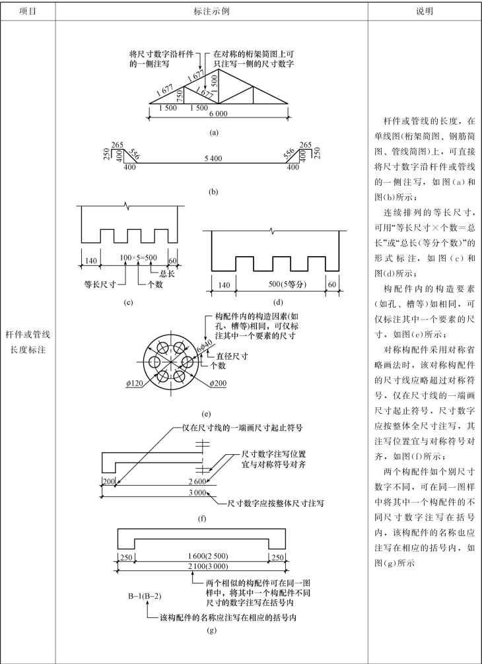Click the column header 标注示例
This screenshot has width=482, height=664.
tap(211, 11)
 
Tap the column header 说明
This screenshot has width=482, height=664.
tap(424, 11)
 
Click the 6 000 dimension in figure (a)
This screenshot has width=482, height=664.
tap(217, 114)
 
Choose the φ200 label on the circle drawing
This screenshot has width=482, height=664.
tap(219, 383)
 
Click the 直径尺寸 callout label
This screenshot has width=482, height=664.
tap(232, 355)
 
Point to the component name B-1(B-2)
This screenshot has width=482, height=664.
tap(145, 597)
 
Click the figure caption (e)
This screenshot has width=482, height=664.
tap(207, 415)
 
